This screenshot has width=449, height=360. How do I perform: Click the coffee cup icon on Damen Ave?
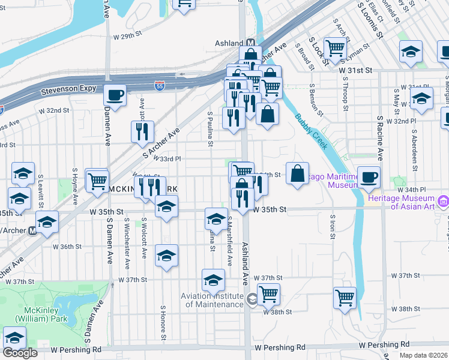[114, 95]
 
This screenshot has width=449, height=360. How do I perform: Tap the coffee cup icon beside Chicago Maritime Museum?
[369, 177]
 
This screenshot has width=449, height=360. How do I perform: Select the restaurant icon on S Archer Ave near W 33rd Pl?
[142, 131]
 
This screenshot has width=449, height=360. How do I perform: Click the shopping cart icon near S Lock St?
[335, 48]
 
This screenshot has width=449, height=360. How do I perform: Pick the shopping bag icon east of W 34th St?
[297, 173]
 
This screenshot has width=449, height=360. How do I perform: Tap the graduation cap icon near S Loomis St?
[411, 52]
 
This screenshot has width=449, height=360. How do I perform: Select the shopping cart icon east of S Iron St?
[345, 298]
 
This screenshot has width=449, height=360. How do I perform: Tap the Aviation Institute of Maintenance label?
[214, 300]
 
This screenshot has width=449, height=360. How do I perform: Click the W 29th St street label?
[130, 37]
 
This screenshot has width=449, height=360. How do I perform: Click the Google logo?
[19, 352]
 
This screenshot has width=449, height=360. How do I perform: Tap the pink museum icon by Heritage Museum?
[443, 199]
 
